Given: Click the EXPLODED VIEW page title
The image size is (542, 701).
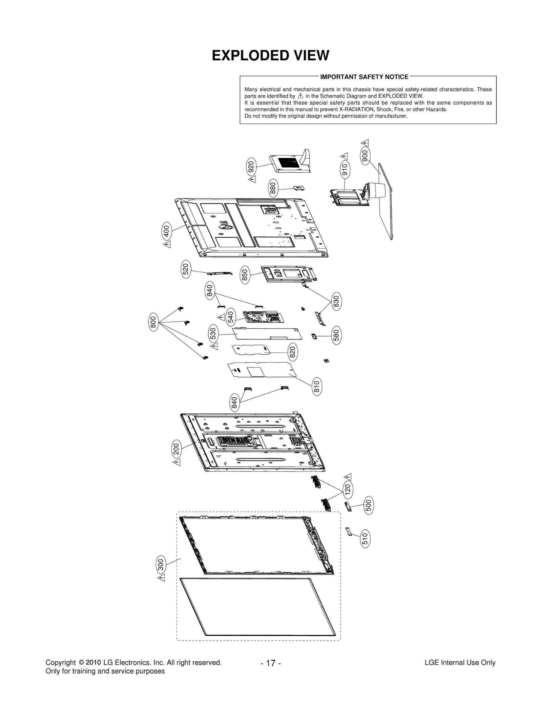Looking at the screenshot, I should (270, 56).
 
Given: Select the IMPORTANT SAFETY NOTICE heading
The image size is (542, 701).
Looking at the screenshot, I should (364, 77).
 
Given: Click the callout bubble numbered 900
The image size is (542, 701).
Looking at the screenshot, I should (365, 156).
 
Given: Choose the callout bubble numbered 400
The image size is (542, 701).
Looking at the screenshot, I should (166, 231).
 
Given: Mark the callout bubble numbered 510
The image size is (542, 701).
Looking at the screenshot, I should (365, 539).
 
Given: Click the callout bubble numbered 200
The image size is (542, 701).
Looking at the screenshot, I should (176, 449).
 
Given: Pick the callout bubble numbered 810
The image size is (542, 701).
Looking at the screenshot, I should (317, 387).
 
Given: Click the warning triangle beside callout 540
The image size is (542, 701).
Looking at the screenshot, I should (221, 317).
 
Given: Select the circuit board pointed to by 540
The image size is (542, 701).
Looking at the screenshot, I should (263, 317).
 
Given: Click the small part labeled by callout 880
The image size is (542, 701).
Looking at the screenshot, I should (298, 188).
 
